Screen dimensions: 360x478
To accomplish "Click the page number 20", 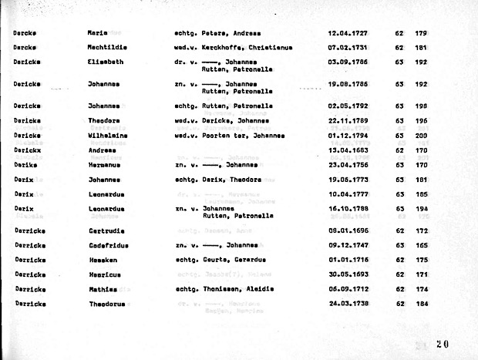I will tap(441, 344).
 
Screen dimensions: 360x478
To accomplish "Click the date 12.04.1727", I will tap(348, 34).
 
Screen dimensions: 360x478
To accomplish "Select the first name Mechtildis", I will tap(108, 48).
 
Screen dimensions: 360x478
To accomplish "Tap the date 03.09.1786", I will tap(348, 61).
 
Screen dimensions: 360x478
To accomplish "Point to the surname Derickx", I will tap(27, 150).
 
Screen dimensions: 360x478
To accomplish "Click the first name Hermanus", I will tap(104, 164).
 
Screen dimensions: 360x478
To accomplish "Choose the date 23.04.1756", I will tap(348, 164).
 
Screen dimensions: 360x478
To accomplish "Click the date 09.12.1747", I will tap(348, 245).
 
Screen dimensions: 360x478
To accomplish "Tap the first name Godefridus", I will tap(108, 245).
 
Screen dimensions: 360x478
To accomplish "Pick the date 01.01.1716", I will tap(348, 260).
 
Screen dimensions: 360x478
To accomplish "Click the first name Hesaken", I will tap(103, 260).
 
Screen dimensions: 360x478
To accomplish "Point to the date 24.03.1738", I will tap(348, 304).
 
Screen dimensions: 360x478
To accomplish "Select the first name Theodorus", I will tap(106, 304).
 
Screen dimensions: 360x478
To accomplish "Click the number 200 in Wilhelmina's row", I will tap(421, 136).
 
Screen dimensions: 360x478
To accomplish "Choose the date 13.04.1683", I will tap(348, 150).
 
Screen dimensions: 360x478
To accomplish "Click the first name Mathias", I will tap(103, 289).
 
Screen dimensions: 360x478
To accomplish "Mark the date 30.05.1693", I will tap(348, 274).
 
